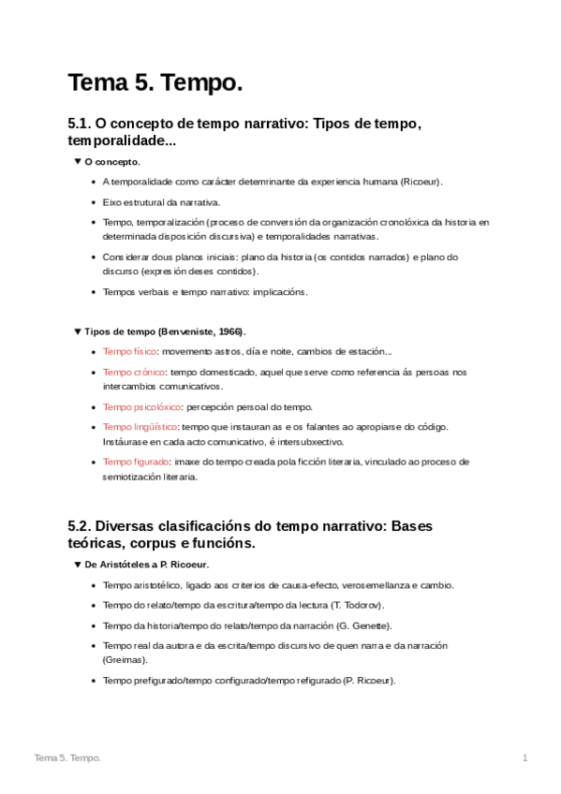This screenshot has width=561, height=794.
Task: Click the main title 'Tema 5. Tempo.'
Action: click(155, 83)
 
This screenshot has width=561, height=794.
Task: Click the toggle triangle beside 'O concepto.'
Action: click(78, 162)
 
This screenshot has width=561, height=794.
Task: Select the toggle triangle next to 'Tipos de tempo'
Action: click(78, 331)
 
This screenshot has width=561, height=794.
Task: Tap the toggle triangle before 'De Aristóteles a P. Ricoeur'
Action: click(78, 565)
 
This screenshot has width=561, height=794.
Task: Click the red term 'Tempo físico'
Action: click(129, 352)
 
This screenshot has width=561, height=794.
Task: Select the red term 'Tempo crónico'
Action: click(134, 373)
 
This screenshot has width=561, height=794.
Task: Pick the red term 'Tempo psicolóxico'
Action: click(142, 407)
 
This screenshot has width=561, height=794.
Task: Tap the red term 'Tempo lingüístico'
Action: click(140, 427)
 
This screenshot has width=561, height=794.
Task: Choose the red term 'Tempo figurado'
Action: click(136, 462)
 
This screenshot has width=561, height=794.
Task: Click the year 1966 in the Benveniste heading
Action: click(229, 331)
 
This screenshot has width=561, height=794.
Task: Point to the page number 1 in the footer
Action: click(525, 757)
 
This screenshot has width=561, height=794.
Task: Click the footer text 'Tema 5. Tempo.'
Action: click(66, 757)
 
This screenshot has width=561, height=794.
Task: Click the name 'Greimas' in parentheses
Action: click(125, 660)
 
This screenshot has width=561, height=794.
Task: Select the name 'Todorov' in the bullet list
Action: click(357, 605)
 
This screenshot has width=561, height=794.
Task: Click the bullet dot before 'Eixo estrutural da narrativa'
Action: click(93, 202)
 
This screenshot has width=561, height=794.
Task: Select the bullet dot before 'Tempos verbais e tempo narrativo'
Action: click(93, 292)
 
